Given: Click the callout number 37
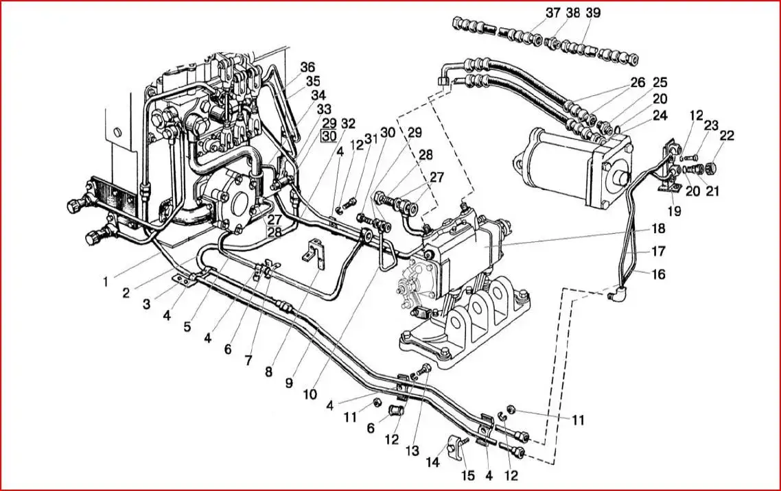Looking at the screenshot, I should click(552, 13).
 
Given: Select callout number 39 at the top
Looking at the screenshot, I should click(593, 13).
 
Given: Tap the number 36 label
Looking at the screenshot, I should click(307, 67).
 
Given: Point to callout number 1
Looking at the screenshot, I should click(105, 281).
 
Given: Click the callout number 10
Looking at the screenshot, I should click(310, 395).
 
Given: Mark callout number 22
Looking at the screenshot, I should click(727, 136).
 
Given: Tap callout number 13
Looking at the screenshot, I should click(412, 452).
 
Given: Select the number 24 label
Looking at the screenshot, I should click(660, 116).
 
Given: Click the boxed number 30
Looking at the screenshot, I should click(329, 136).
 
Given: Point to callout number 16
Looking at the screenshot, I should click(659, 274).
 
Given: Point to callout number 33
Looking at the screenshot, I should click(323, 109).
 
